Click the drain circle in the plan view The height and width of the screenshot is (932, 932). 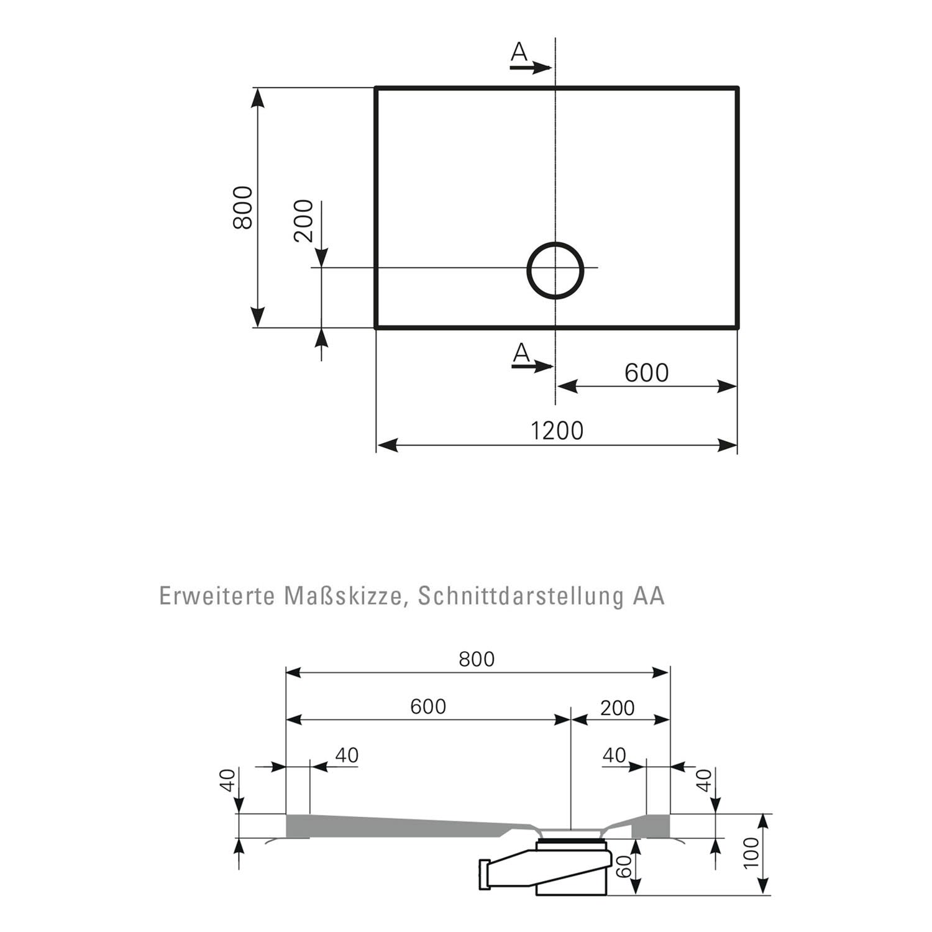click(528, 271)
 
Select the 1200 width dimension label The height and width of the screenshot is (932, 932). click(557, 430)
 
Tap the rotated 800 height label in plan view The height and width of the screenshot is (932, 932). click(243, 208)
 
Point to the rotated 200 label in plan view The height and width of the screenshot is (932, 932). click(303, 221)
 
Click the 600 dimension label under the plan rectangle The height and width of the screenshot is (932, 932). click(646, 373)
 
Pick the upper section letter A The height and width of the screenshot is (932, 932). click(519, 53)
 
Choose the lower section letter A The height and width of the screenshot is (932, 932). click(521, 354)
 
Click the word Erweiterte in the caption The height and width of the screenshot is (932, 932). click(217, 595)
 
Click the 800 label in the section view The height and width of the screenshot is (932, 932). click(477, 659)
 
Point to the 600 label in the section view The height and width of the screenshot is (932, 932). click(428, 706)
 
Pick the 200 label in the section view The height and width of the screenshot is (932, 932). click(618, 708)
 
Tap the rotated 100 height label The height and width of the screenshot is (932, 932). click(751, 853)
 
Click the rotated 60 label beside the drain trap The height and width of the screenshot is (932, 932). click(626, 866)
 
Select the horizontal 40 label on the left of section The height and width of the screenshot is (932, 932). click(347, 755)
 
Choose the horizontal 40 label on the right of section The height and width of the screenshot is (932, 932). click(614, 755)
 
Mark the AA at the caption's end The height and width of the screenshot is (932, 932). click(649, 595)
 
